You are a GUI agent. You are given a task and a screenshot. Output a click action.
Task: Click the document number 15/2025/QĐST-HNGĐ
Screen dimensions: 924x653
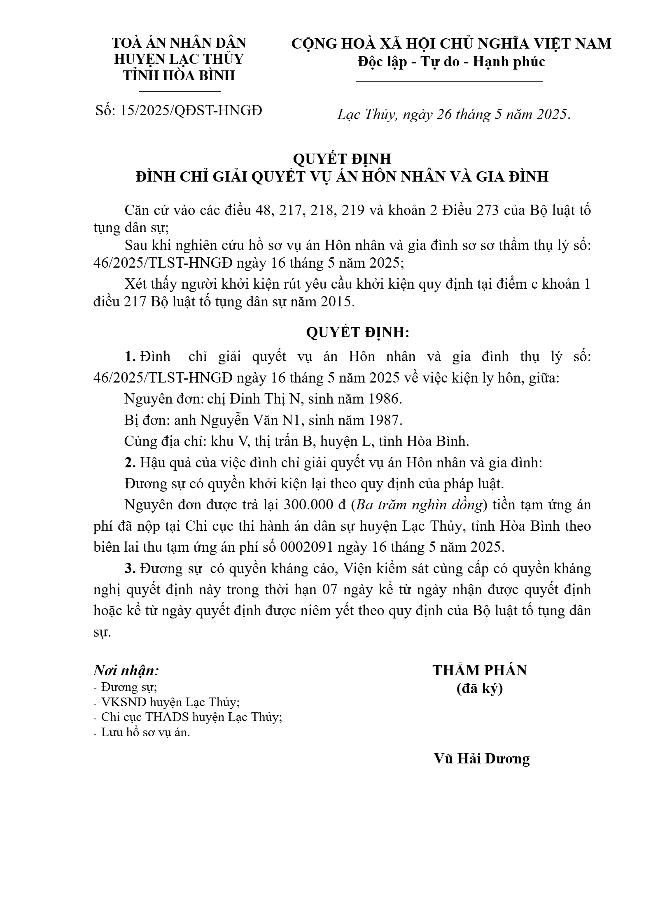191,110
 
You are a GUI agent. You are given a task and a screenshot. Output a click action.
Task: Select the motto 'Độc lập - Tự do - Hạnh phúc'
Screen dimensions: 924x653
451,62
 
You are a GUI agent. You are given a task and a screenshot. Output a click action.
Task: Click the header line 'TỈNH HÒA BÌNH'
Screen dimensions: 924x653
180,76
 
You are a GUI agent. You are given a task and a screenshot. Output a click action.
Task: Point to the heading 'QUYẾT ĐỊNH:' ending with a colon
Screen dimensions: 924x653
357,332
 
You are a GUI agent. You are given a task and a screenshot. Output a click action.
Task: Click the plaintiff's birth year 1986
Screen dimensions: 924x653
384,399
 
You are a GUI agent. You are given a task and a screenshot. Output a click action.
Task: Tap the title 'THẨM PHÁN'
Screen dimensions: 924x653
480,670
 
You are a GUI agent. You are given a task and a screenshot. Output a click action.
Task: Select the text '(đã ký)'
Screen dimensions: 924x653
480,688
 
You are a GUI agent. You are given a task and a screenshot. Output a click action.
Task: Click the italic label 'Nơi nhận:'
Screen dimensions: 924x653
126,670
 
